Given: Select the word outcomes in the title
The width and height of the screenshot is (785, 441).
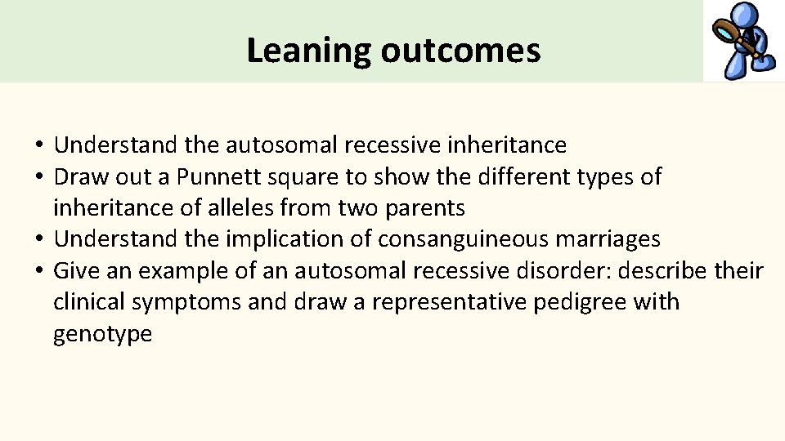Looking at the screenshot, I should (460, 51).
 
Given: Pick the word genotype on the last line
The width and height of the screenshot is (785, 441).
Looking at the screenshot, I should (102, 333).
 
